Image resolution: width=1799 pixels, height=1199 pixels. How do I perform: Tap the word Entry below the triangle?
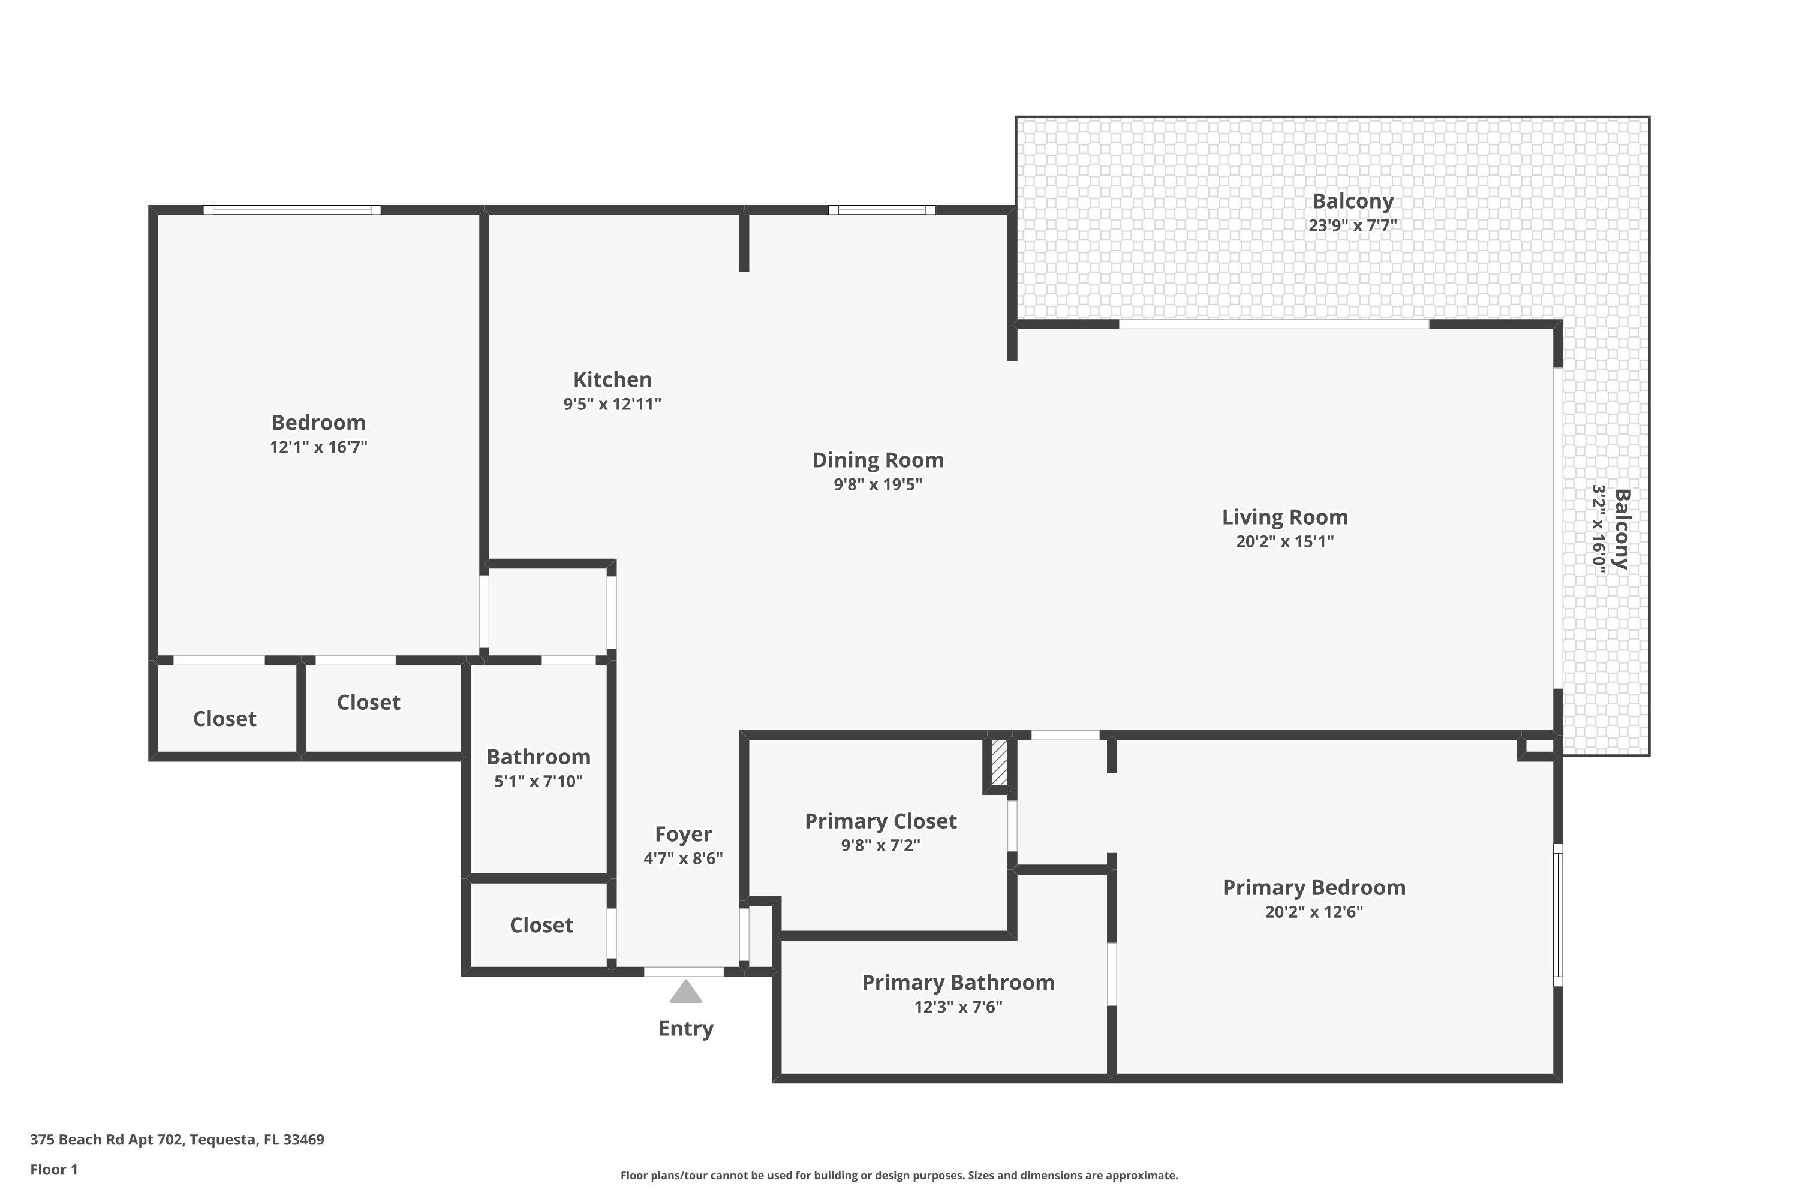685,1029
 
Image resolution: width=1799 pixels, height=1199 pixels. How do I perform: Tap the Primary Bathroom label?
958,983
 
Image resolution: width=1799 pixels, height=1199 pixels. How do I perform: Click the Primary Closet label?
880,821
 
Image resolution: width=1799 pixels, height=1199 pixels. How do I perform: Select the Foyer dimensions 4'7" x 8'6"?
682,858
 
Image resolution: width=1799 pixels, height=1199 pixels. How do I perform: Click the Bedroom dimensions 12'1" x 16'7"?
318,447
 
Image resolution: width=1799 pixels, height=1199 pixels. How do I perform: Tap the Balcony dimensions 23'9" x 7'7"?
1352,225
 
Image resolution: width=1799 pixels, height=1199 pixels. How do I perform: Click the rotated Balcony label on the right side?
1621,529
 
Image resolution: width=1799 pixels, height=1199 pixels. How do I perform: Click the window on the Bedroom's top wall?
291,209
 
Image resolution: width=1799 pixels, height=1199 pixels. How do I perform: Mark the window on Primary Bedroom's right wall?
1557,915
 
